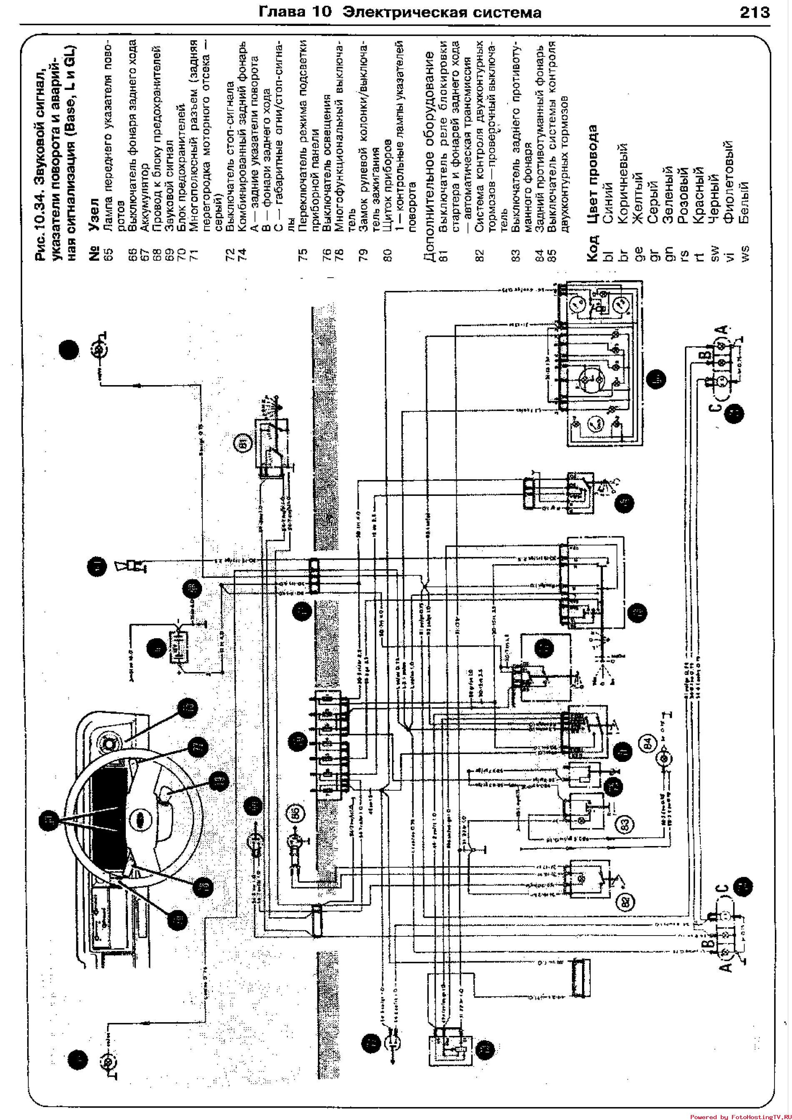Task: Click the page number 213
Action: (x=755, y=12)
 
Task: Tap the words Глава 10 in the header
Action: (x=296, y=12)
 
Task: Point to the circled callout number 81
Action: (x=243, y=443)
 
